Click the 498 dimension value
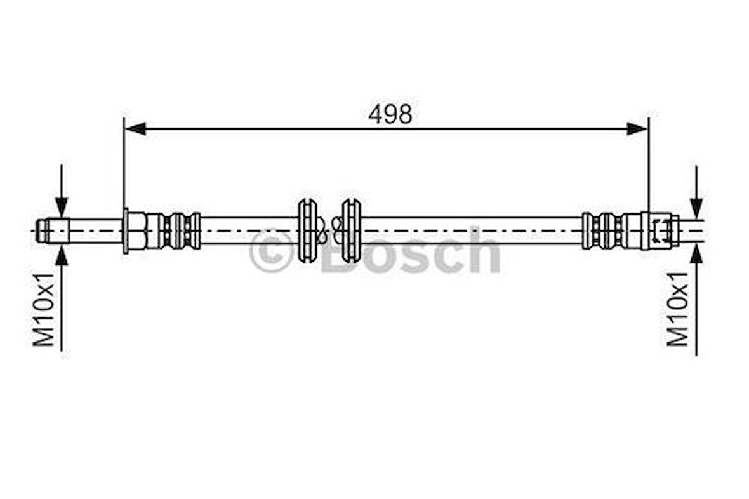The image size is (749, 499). pos(390,114)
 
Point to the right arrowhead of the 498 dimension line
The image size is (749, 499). pos(637,129)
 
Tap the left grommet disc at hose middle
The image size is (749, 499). pos(308,230)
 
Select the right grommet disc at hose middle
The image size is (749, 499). pos(351,230)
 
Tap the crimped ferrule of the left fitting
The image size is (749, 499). pos(181,230)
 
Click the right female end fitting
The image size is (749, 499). pos(660,230)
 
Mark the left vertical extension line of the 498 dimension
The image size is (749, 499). pos(124,165)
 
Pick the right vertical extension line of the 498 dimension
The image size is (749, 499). pos(649,165)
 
